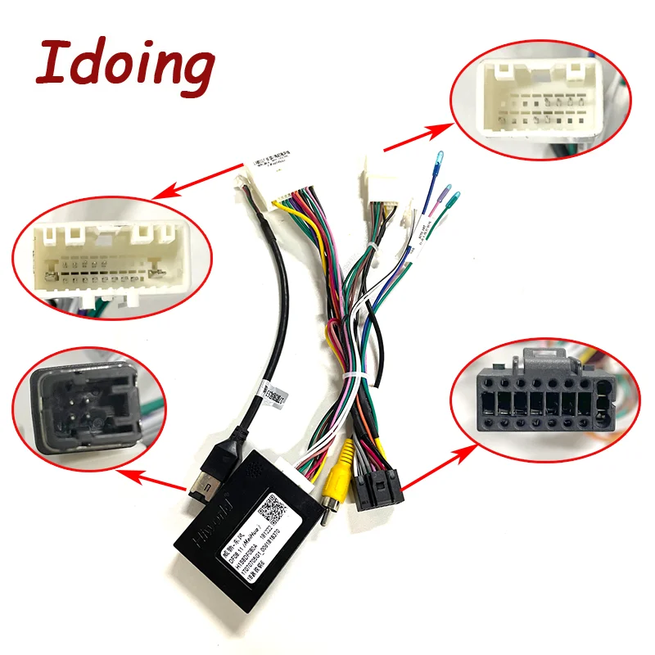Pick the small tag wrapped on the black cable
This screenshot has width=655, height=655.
pos(268,392)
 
